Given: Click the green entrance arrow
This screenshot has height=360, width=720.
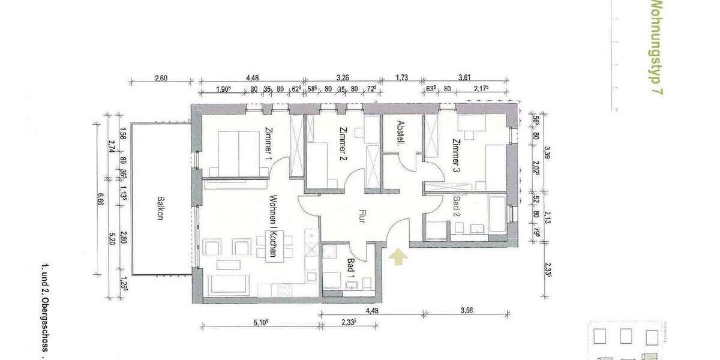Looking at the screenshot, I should [x=398, y=257].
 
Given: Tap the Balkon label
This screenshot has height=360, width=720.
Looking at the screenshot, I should [x=160, y=209].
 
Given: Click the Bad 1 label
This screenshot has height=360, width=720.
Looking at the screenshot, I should [x=351, y=266].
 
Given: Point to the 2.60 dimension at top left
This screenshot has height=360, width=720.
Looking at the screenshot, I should [x=160, y=77].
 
